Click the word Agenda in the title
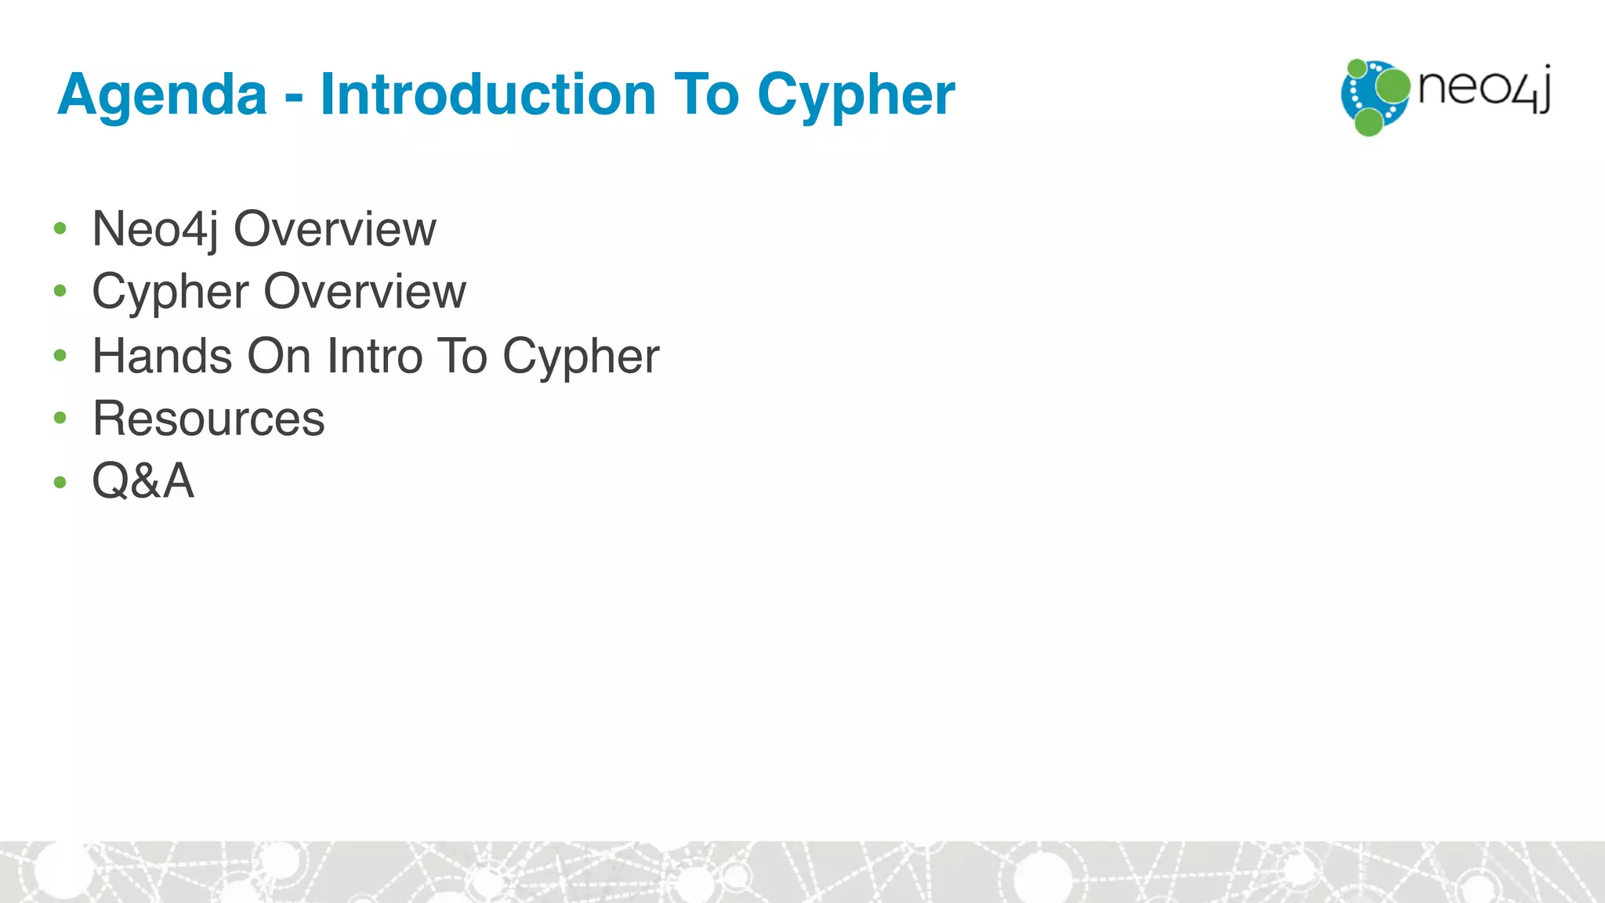[162, 95]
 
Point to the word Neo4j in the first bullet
[154, 230]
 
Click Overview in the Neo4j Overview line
[335, 230]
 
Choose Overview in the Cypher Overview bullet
[365, 292]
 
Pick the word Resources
[208, 419]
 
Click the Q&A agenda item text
[143, 481]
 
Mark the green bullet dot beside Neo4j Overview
[60, 229]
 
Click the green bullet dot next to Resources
[60, 418]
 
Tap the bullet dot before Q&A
[60, 481]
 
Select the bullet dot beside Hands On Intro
[60, 356]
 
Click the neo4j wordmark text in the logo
[1484, 89]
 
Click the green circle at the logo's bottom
[1369, 122]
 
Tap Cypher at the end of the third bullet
[581, 357]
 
